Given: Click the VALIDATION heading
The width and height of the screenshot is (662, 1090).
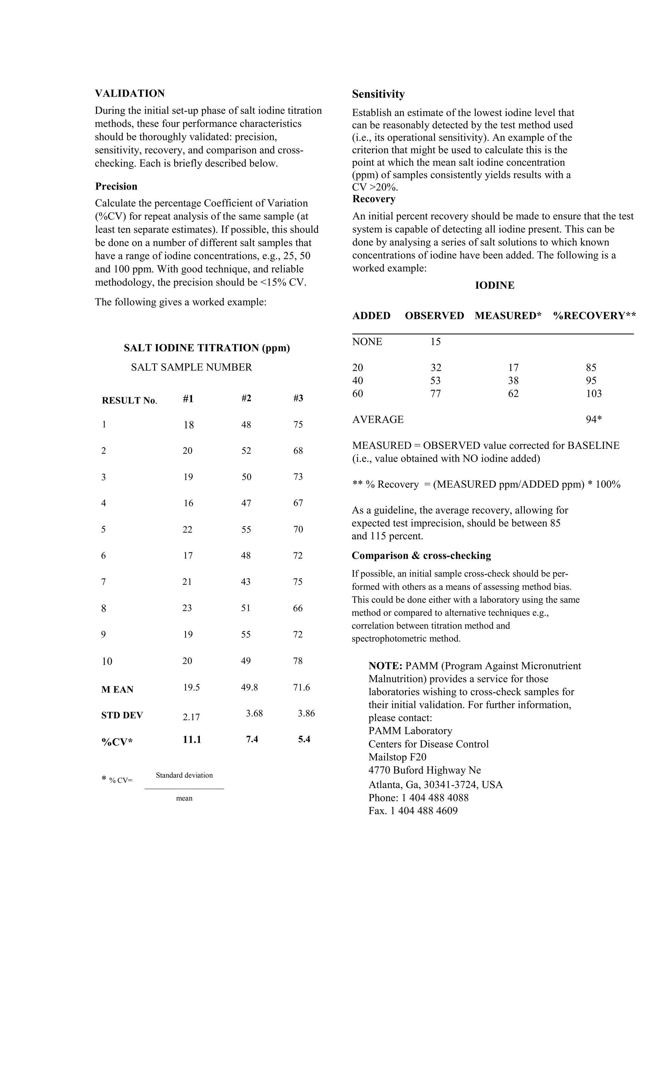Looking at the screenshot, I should pos(130,93).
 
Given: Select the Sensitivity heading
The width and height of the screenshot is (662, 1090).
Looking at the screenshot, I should pos(378,94).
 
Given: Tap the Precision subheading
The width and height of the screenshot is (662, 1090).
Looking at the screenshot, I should pos(116,186).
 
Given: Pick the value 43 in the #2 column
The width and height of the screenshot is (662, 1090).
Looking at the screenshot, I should pos(246,582).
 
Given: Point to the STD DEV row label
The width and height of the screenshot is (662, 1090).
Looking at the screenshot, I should pos(122,715).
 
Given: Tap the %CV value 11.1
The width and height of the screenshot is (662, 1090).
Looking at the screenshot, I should pos(192,740).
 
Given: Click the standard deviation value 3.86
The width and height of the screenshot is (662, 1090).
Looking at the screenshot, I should pos(306,714).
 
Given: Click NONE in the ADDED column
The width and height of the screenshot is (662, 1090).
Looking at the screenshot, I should pos(367,342).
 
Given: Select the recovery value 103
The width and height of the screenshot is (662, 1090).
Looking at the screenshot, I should pos(594,394).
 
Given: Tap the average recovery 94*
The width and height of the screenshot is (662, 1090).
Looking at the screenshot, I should pos(594,420).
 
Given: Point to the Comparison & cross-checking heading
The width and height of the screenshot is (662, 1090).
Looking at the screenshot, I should pos(421,556).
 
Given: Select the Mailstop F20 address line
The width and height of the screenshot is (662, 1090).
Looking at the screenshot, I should pos(397,757).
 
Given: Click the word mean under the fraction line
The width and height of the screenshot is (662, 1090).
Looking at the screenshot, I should pos(184,799).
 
